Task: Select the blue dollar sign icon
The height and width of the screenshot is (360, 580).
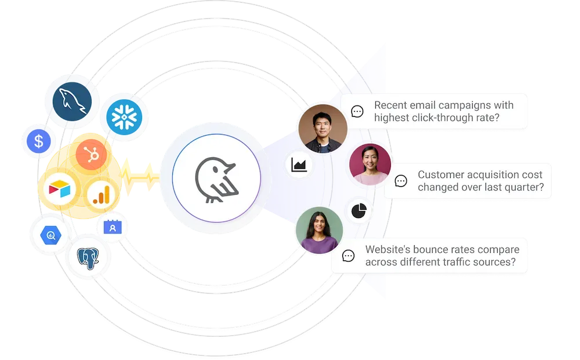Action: [39, 141]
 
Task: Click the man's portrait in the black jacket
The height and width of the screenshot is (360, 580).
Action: [322, 129]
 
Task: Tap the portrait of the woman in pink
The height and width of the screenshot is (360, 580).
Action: [370, 165]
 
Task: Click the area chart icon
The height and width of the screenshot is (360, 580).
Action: [299, 165]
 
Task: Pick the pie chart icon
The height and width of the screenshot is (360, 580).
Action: [360, 210]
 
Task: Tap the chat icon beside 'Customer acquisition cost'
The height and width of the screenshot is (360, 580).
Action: [401, 181]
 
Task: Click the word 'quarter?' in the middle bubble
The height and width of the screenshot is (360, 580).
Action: [525, 187]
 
